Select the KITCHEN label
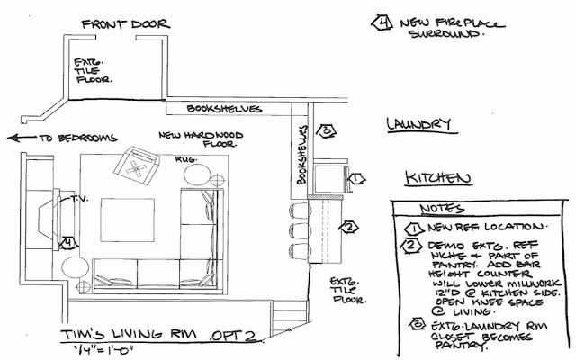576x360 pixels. pyautogui.click(x=436, y=177)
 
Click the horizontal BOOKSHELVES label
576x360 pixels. pyautogui.click(x=224, y=109)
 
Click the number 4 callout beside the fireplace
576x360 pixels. pyautogui.click(x=68, y=241)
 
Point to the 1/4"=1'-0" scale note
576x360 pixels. pyautogui.click(x=99, y=349)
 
